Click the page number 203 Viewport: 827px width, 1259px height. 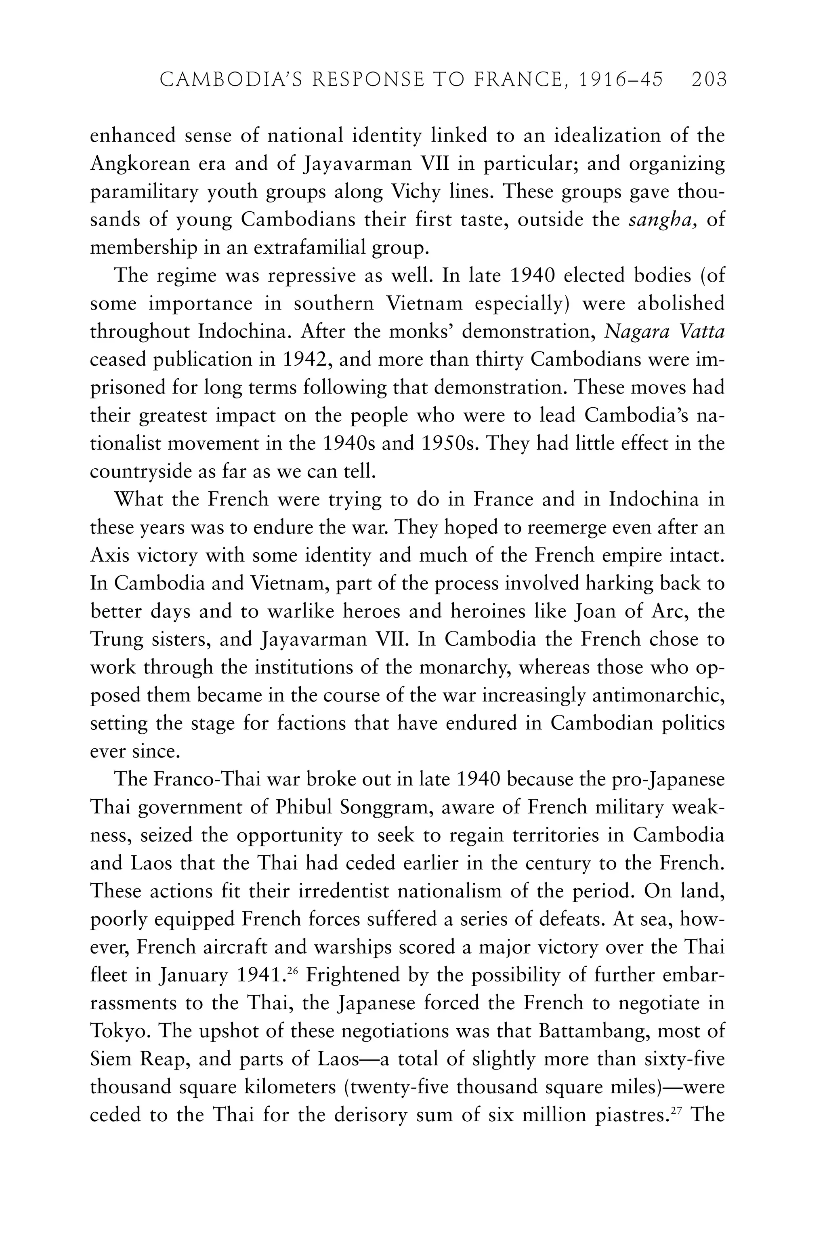709,80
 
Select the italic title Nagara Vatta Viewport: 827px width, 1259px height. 664,332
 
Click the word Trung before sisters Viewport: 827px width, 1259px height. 117,640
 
